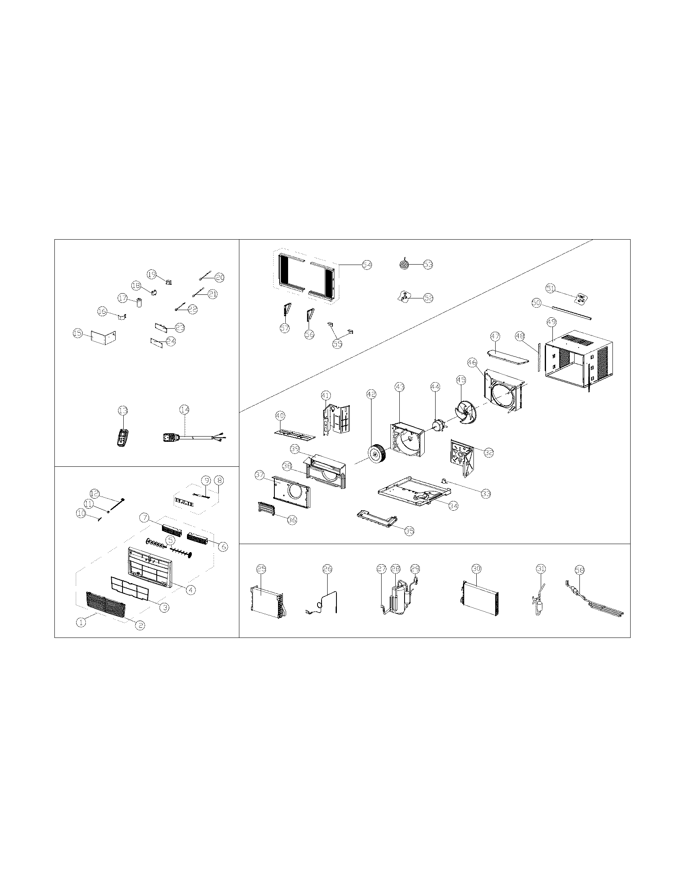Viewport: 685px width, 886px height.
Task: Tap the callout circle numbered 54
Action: click(x=367, y=265)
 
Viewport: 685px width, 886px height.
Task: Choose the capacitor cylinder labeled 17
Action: click(x=140, y=302)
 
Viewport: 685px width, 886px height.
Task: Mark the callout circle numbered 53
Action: click(x=428, y=264)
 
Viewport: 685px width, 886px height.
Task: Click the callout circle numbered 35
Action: click(x=409, y=531)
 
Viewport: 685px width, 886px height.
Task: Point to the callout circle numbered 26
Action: click(x=327, y=569)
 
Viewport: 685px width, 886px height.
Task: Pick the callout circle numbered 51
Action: click(x=550, y=288)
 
